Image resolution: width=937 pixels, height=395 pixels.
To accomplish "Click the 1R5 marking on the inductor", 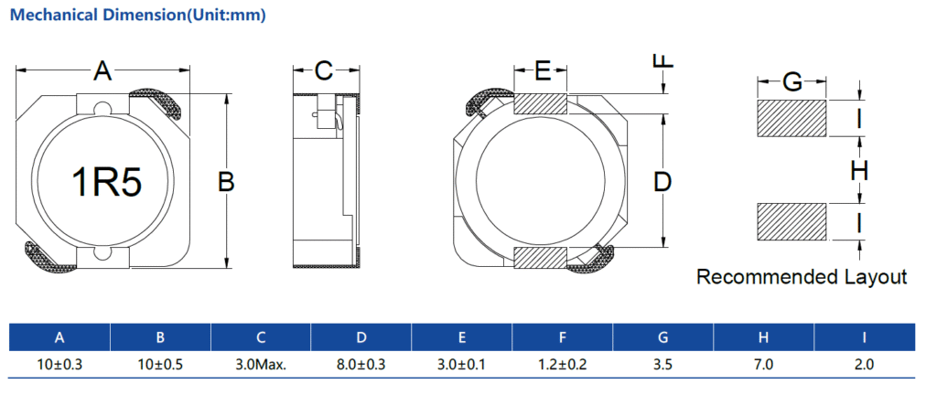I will pos(107,183).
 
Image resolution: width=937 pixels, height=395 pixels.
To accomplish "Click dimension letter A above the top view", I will pos(102,70).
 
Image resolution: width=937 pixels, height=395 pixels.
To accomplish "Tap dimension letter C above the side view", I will pos(324,70).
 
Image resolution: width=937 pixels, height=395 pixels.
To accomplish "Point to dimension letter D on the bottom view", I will pos(662,182).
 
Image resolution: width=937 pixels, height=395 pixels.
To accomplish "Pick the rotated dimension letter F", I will pos(663,61).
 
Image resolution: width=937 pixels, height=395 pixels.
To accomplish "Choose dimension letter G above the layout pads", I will pos(792,83).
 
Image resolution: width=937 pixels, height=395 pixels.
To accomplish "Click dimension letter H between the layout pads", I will pos(858,170).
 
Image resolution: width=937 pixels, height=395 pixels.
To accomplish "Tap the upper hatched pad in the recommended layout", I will pos(792,118).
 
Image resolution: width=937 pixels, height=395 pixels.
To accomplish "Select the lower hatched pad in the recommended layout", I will pos(792,221).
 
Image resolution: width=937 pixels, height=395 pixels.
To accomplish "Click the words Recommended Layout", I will pos(802,277).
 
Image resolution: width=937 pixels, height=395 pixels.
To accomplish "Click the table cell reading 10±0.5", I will pos(160,364).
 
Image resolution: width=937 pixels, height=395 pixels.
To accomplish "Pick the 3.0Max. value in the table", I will pos(261,364).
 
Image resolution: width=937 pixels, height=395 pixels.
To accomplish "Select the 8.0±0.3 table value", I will pos(361,364).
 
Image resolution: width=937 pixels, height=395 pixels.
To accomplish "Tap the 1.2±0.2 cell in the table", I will pos(562,364).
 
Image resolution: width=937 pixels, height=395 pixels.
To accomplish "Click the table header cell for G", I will pos(662,337).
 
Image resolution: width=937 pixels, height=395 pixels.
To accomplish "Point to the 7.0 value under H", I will pos(763,364).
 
